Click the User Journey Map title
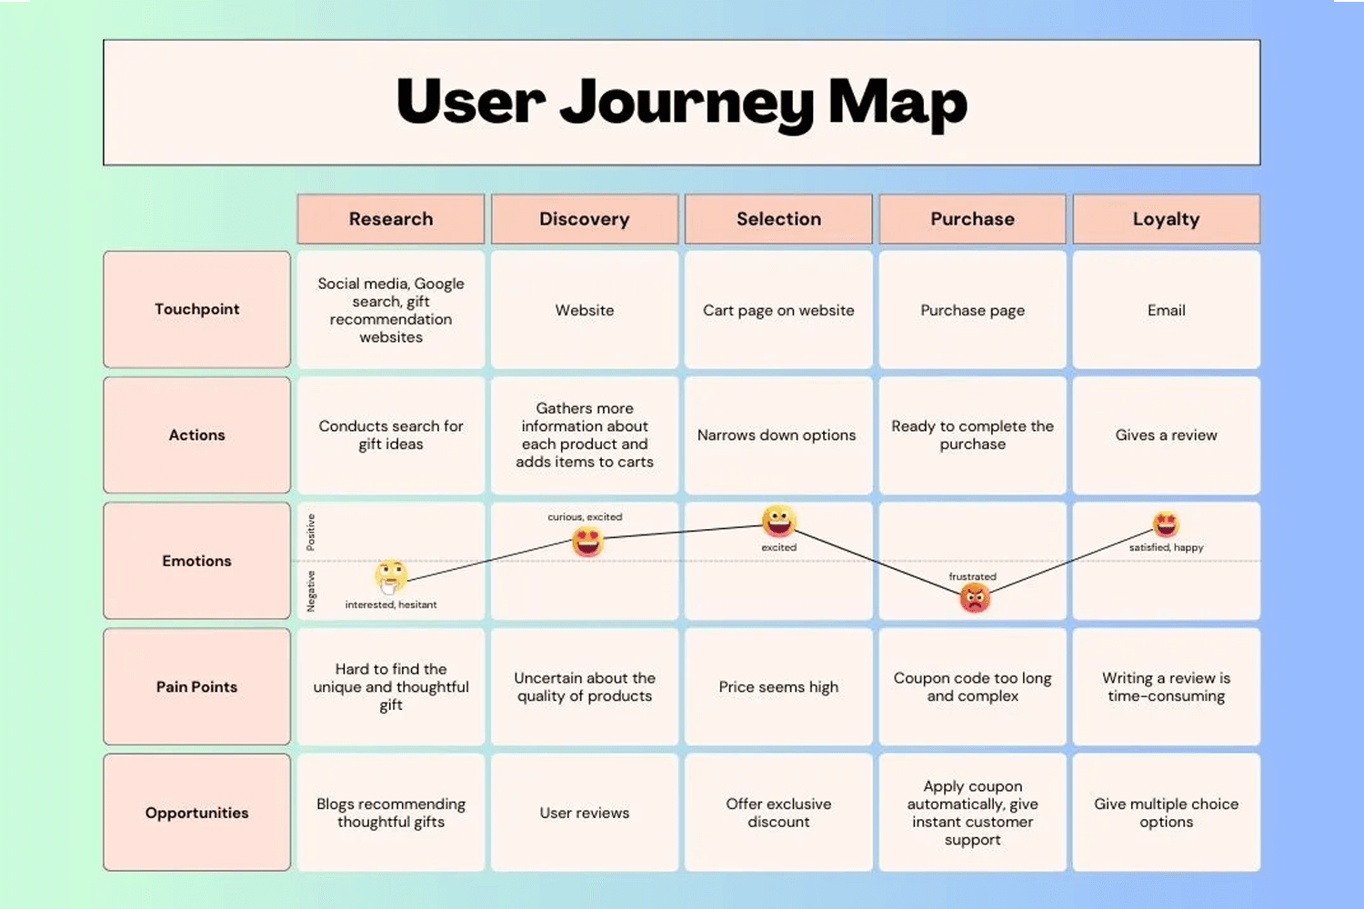(681, 102)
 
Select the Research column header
(390, 219)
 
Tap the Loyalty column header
(1166, 219)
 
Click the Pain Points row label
(196, 687)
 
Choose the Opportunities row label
(196, 813)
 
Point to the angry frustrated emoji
(974, 597)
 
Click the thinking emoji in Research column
(391, 575)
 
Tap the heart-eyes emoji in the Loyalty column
(1166, 524)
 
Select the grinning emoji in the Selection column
(778, 521)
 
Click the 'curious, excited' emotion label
(585, 517)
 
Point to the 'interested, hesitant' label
(391, 604)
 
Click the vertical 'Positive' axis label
(311, 533)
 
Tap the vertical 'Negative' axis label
(311, 591)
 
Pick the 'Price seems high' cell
(778, 687)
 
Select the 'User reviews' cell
(585, 813)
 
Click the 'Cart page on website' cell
(778, 310)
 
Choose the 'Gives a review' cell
(1166, 435)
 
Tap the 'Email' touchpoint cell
(1166, 310)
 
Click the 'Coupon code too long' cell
(972, 687)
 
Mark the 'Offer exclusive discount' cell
(778, 813)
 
